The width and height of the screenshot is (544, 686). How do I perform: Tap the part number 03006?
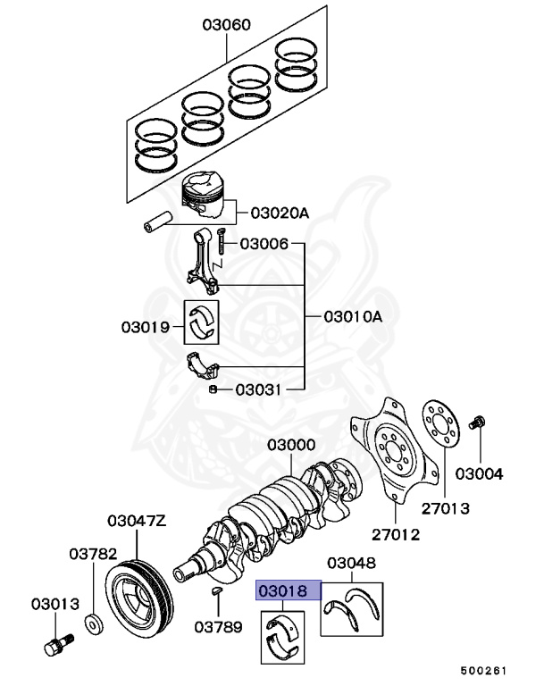(x=264, y=243)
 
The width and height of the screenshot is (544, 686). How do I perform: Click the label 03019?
(x=146, y=327)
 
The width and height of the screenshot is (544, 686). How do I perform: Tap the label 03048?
(x=351, y=563)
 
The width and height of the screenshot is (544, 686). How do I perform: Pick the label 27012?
(x=395, y=535)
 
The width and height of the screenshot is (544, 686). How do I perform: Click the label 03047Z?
(x=136, y=520)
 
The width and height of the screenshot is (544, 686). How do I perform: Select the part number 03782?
(x=94, y=554)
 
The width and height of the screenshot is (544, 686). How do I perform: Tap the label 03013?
(x=55, y=603)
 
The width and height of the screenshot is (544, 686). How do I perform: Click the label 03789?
(x=219, y=627)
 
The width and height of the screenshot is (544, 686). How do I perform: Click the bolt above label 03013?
(x=55, y=643)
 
